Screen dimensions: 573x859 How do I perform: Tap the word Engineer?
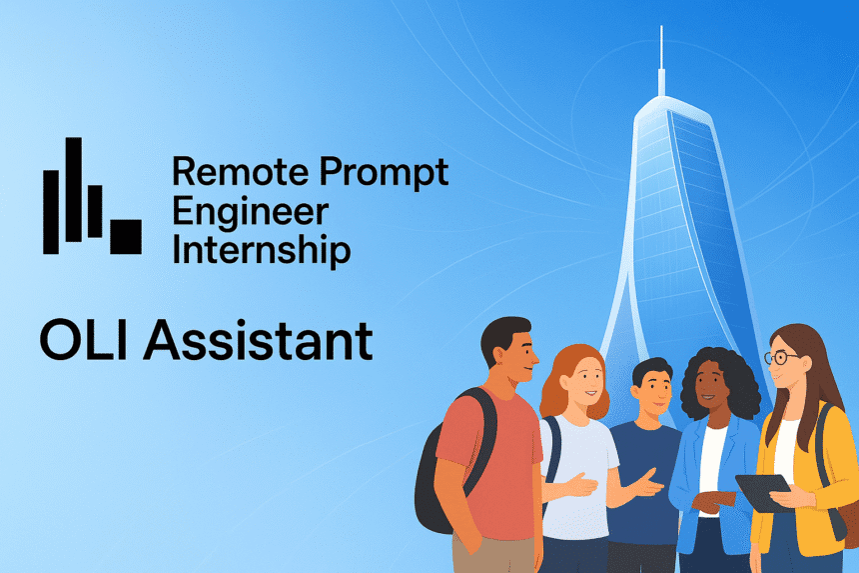click(x=250, y=212)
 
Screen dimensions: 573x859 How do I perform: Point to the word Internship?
click(x=261, y=249)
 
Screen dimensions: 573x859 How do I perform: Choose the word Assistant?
click(x=259, y=340)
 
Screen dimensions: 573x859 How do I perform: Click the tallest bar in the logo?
click(x=72, y=190)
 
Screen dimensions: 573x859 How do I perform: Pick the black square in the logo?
click(x=125, y=235)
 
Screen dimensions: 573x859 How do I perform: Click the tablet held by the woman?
click(x=764, y=491)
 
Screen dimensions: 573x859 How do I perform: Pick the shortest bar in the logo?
click(x=95, y=210)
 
